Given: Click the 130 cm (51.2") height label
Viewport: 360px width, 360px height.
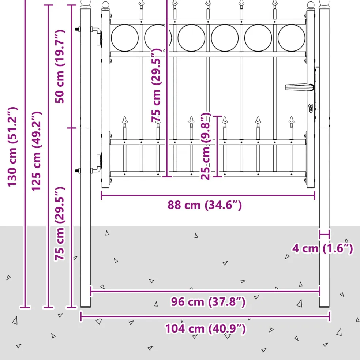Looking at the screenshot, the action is [x=12, y=147].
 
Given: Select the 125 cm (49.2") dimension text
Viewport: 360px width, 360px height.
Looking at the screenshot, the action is [x=36, y=151].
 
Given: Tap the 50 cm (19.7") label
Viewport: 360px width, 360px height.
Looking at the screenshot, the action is [x=60, y=66].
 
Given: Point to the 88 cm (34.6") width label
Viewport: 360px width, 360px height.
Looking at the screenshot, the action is [x=205, y=205].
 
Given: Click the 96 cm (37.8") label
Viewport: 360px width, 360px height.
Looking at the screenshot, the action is [x=208, y=301].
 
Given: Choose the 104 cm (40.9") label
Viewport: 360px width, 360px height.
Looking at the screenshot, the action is [x=206, y=328].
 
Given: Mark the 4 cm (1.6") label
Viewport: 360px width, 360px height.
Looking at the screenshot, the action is [x=322, y=248].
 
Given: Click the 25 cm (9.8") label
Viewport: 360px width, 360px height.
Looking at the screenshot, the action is [x=206, y=146].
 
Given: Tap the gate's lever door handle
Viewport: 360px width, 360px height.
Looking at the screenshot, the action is [x=300, y=87].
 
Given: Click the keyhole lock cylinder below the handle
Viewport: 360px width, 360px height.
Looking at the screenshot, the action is [x=310, y=108].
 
